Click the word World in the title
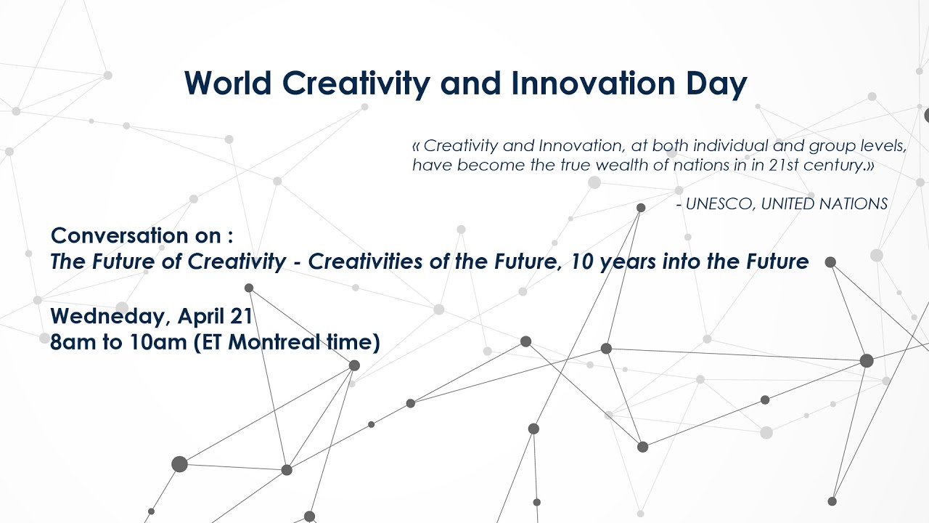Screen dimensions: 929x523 pos(228,84)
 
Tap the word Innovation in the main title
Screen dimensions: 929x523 pos(593,84)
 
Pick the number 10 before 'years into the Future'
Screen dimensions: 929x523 pos(581,261)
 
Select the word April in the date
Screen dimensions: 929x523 pos(200,316)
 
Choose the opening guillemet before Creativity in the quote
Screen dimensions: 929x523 pos(416,146)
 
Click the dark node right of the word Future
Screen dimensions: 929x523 pos(830,262)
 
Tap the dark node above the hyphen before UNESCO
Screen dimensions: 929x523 pos(641,208)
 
